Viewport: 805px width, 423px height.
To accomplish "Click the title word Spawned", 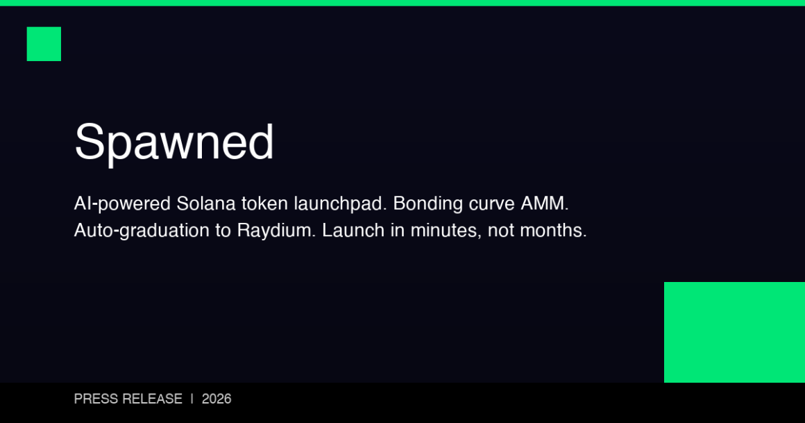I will (174, 142).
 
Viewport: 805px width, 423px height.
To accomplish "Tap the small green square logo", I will (44, 44).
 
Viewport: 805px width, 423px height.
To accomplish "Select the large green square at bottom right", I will (734, 332).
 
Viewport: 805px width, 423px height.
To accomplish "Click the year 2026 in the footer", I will (217, 399).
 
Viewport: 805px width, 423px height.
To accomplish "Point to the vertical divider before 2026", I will (192, 399).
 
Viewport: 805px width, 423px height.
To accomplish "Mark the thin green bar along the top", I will (402, 3).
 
